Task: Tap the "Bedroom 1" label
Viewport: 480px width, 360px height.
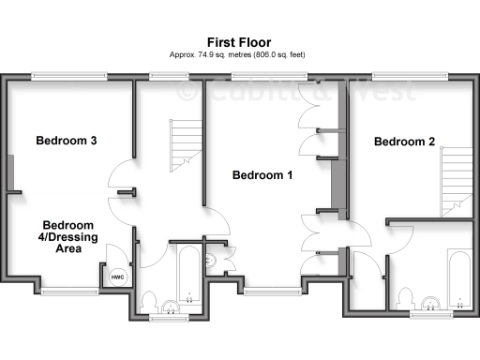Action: (262, 175)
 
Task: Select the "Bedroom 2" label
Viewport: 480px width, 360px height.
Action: (404, 142)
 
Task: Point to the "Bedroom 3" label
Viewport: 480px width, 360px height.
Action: (67, 142)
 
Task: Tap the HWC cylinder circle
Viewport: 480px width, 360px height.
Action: (117, 277)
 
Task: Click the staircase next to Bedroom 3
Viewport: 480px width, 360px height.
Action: (185, 148)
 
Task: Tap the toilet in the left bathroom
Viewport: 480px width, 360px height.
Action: (148, 303)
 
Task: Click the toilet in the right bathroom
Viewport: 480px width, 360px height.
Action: (405, 298)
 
